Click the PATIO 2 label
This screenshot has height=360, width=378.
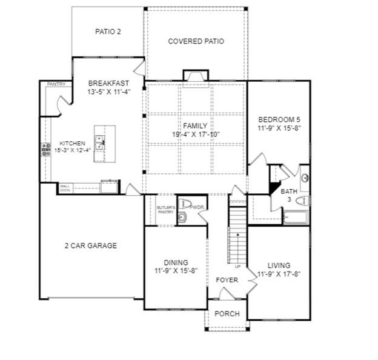coord(108,32)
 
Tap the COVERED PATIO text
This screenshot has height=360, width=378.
coord(196,41)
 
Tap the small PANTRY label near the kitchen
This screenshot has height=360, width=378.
coord(56,84)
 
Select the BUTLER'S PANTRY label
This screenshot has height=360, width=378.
coord(165,210)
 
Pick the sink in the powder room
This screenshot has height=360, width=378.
coord(182,216)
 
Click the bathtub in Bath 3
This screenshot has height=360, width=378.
coord(296,217)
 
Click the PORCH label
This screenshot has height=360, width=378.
coord(227,314)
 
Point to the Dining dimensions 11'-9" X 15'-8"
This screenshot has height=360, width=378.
coord(176,270)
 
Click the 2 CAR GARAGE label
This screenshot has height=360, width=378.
coord(90,245)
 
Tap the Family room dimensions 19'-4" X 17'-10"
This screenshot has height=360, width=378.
coord(195,134)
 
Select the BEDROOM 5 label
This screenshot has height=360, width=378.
coord(279,119)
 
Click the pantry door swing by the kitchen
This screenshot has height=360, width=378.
coord(61,104)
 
